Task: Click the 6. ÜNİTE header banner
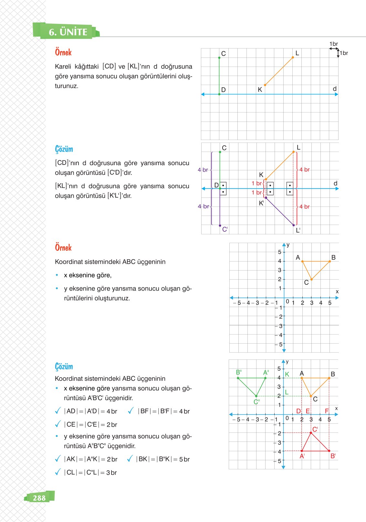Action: click(68, 32)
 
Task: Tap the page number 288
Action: click(39, 498)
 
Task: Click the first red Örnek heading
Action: click(63, 52)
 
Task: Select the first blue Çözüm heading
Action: click(64, 149)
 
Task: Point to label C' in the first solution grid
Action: click(225, 229)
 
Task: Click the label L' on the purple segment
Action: click(298, 230)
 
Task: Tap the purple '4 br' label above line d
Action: click(203, 170)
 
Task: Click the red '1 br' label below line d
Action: click(257, 193)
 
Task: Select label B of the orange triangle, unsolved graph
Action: click(333, 257)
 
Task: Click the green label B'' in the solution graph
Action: click(239, 372)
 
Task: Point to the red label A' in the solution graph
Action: click(302, 456)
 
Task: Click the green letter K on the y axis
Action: click(287, 374)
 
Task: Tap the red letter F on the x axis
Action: click(327, 411)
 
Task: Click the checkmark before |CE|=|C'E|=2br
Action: click(58, 424)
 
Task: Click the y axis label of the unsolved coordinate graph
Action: click(288, 245)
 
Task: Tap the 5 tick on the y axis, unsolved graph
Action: click(279, 252)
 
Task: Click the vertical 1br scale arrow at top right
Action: click(338, 53)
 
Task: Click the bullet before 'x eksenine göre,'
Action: click(57, 275)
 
